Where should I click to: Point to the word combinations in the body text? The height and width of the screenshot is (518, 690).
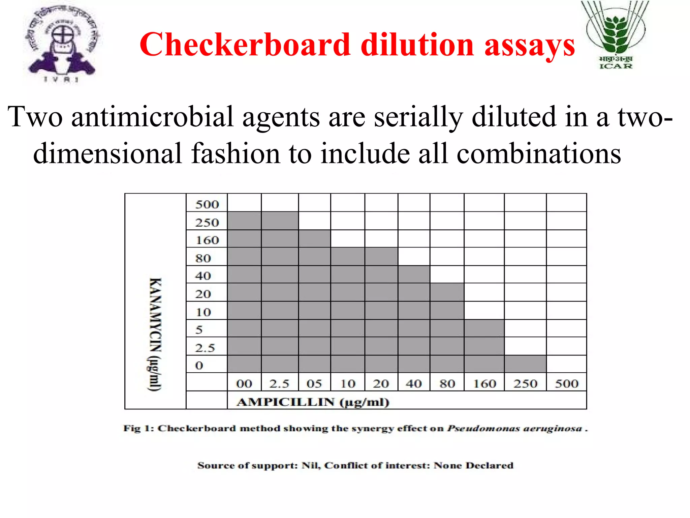538,154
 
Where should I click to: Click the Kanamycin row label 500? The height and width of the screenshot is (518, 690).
207,204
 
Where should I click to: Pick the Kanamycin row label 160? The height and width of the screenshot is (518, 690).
207,240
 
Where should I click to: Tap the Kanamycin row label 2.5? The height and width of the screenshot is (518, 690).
205,348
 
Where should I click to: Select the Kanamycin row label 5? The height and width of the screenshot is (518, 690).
199,329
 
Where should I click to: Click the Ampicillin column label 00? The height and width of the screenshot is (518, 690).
244,383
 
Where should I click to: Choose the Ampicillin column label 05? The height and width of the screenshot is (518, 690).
314,383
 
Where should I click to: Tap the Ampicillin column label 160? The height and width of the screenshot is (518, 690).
484,383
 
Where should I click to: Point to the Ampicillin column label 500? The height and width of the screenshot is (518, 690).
566,383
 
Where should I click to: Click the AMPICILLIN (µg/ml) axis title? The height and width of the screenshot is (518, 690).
313,402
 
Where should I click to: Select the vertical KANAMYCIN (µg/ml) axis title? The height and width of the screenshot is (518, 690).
155,334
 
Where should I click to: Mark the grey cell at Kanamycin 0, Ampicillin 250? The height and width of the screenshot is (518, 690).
525,364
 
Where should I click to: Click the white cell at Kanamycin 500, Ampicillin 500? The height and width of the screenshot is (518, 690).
566,203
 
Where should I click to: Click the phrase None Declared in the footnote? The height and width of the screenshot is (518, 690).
473,465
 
